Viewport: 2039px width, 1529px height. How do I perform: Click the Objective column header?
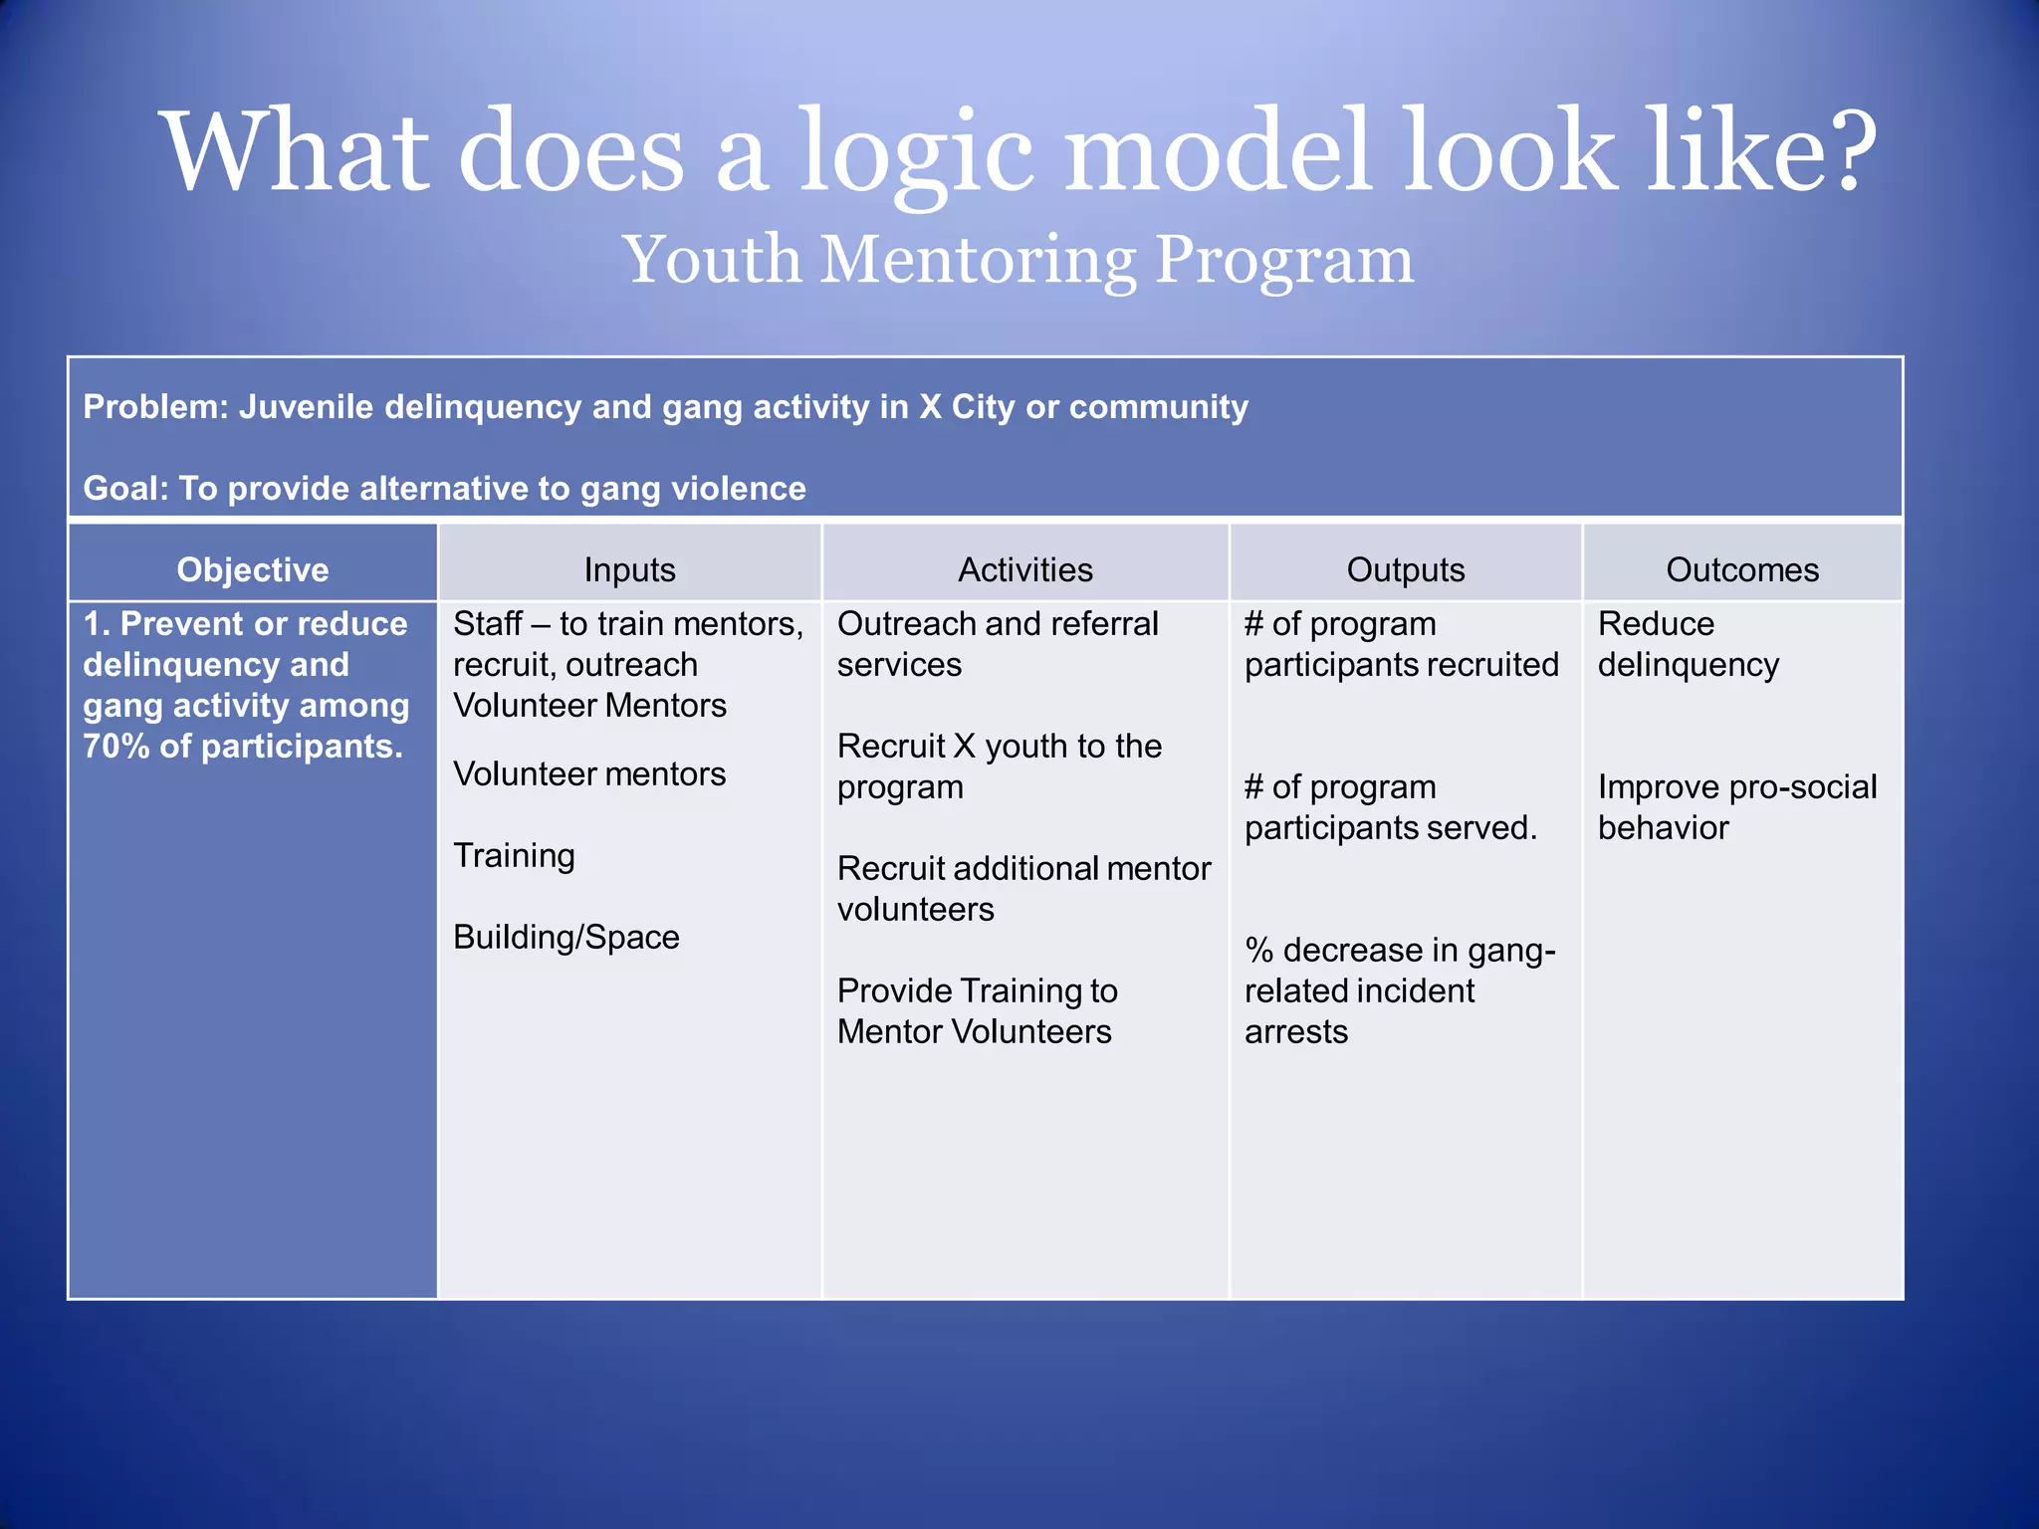tap(252, 569)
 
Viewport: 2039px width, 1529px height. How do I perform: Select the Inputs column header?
tap(629, 569)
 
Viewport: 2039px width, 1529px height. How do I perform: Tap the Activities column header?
tap(1024, 569)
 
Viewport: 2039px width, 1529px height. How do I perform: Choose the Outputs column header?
tap(1405, 569)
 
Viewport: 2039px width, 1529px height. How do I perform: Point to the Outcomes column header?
tap(1741, 569)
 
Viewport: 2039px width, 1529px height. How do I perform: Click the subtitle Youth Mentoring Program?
tap(1018, 260)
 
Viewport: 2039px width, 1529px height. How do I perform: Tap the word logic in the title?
tap(916, 154)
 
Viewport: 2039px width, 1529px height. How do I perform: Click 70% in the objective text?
tap(115, 747)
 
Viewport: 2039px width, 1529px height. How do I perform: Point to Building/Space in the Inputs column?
tap(566, 937)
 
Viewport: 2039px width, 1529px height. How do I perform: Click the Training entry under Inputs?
tap(514, 856)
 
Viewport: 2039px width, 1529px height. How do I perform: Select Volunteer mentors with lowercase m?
tap(589, 774)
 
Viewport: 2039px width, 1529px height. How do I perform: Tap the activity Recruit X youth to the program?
tap(999, 766)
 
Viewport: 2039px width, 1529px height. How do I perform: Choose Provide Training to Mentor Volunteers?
tap(977, 1011)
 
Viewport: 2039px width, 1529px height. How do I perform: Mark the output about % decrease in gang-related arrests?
tap(1399, 990)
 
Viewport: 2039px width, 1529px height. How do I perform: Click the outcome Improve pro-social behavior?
tap(1736, 807)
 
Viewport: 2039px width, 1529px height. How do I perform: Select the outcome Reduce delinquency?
tap(1688, 644)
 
